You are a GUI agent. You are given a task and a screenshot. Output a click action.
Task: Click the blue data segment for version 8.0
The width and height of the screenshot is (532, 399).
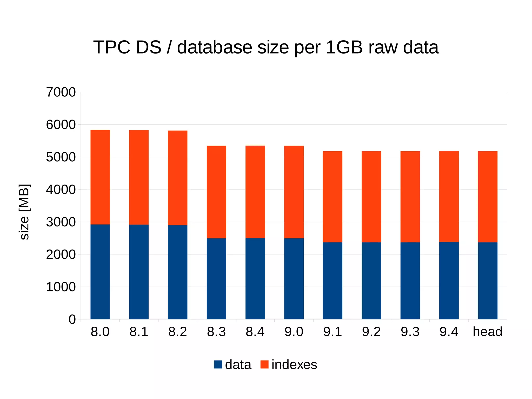pos(100,272)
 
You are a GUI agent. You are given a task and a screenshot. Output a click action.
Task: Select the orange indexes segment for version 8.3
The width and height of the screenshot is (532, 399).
pos(216,192)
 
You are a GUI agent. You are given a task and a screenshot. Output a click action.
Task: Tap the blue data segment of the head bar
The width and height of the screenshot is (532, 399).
pos(488,281)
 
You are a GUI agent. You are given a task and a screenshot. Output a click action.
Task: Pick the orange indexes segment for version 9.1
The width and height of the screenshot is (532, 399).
pos(332,197)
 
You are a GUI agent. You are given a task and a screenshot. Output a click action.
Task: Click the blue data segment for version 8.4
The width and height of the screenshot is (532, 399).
pos(255,278)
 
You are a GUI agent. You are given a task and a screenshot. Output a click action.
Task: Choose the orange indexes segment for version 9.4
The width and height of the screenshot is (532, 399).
pos(449,196)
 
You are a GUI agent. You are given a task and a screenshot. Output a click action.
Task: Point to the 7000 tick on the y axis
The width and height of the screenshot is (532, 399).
pos(61,92)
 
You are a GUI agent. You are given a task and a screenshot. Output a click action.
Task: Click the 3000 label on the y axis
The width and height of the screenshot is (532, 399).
pos(61,222)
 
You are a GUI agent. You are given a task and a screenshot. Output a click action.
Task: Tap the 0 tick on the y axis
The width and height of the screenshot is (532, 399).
pos(72,319)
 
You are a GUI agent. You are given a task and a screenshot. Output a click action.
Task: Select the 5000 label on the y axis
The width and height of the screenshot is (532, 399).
pos(61,157)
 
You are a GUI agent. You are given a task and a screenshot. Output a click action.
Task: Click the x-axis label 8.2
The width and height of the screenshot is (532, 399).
pos(177,332)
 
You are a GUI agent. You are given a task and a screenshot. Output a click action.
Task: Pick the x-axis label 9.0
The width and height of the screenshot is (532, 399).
pos(294,332)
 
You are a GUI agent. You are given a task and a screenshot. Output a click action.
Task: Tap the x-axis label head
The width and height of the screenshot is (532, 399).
pos(488,332)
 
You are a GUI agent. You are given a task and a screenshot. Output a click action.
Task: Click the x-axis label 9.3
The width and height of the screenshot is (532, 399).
pos(410,332)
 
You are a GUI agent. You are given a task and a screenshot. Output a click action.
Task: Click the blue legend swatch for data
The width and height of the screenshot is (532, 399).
pos(218,364)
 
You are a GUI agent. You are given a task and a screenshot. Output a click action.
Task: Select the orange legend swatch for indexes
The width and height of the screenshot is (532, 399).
pos(264,364)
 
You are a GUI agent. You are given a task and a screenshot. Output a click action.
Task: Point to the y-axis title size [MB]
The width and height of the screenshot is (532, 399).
pos(25,212)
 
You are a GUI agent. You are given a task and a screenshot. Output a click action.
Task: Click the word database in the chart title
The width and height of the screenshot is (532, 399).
pos(214,48)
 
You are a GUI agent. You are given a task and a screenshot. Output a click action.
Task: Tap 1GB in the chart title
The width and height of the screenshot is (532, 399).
pos(344,48)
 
